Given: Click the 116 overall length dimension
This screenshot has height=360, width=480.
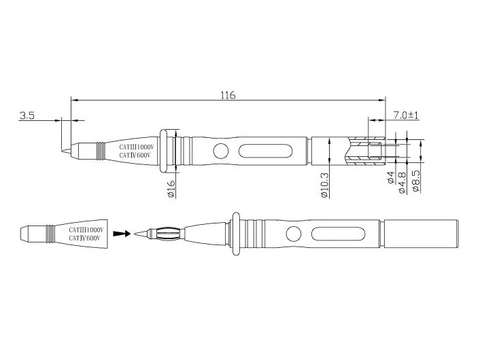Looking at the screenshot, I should [x=227, y=96].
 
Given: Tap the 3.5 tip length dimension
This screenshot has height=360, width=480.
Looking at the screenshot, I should [x=27, y=116].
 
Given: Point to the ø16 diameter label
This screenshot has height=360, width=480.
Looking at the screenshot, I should [x=171, y=189].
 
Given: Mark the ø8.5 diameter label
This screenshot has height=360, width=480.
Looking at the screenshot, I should [x=415, y=182].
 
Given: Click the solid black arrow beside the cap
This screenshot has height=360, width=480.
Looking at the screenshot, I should [x=121, y=234].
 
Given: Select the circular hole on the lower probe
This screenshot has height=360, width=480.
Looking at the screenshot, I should [x=293, y=234].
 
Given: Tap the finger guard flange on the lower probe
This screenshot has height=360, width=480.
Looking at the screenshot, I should [x=236, y=234].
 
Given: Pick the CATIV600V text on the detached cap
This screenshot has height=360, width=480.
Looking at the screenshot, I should [x=86, y=239].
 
